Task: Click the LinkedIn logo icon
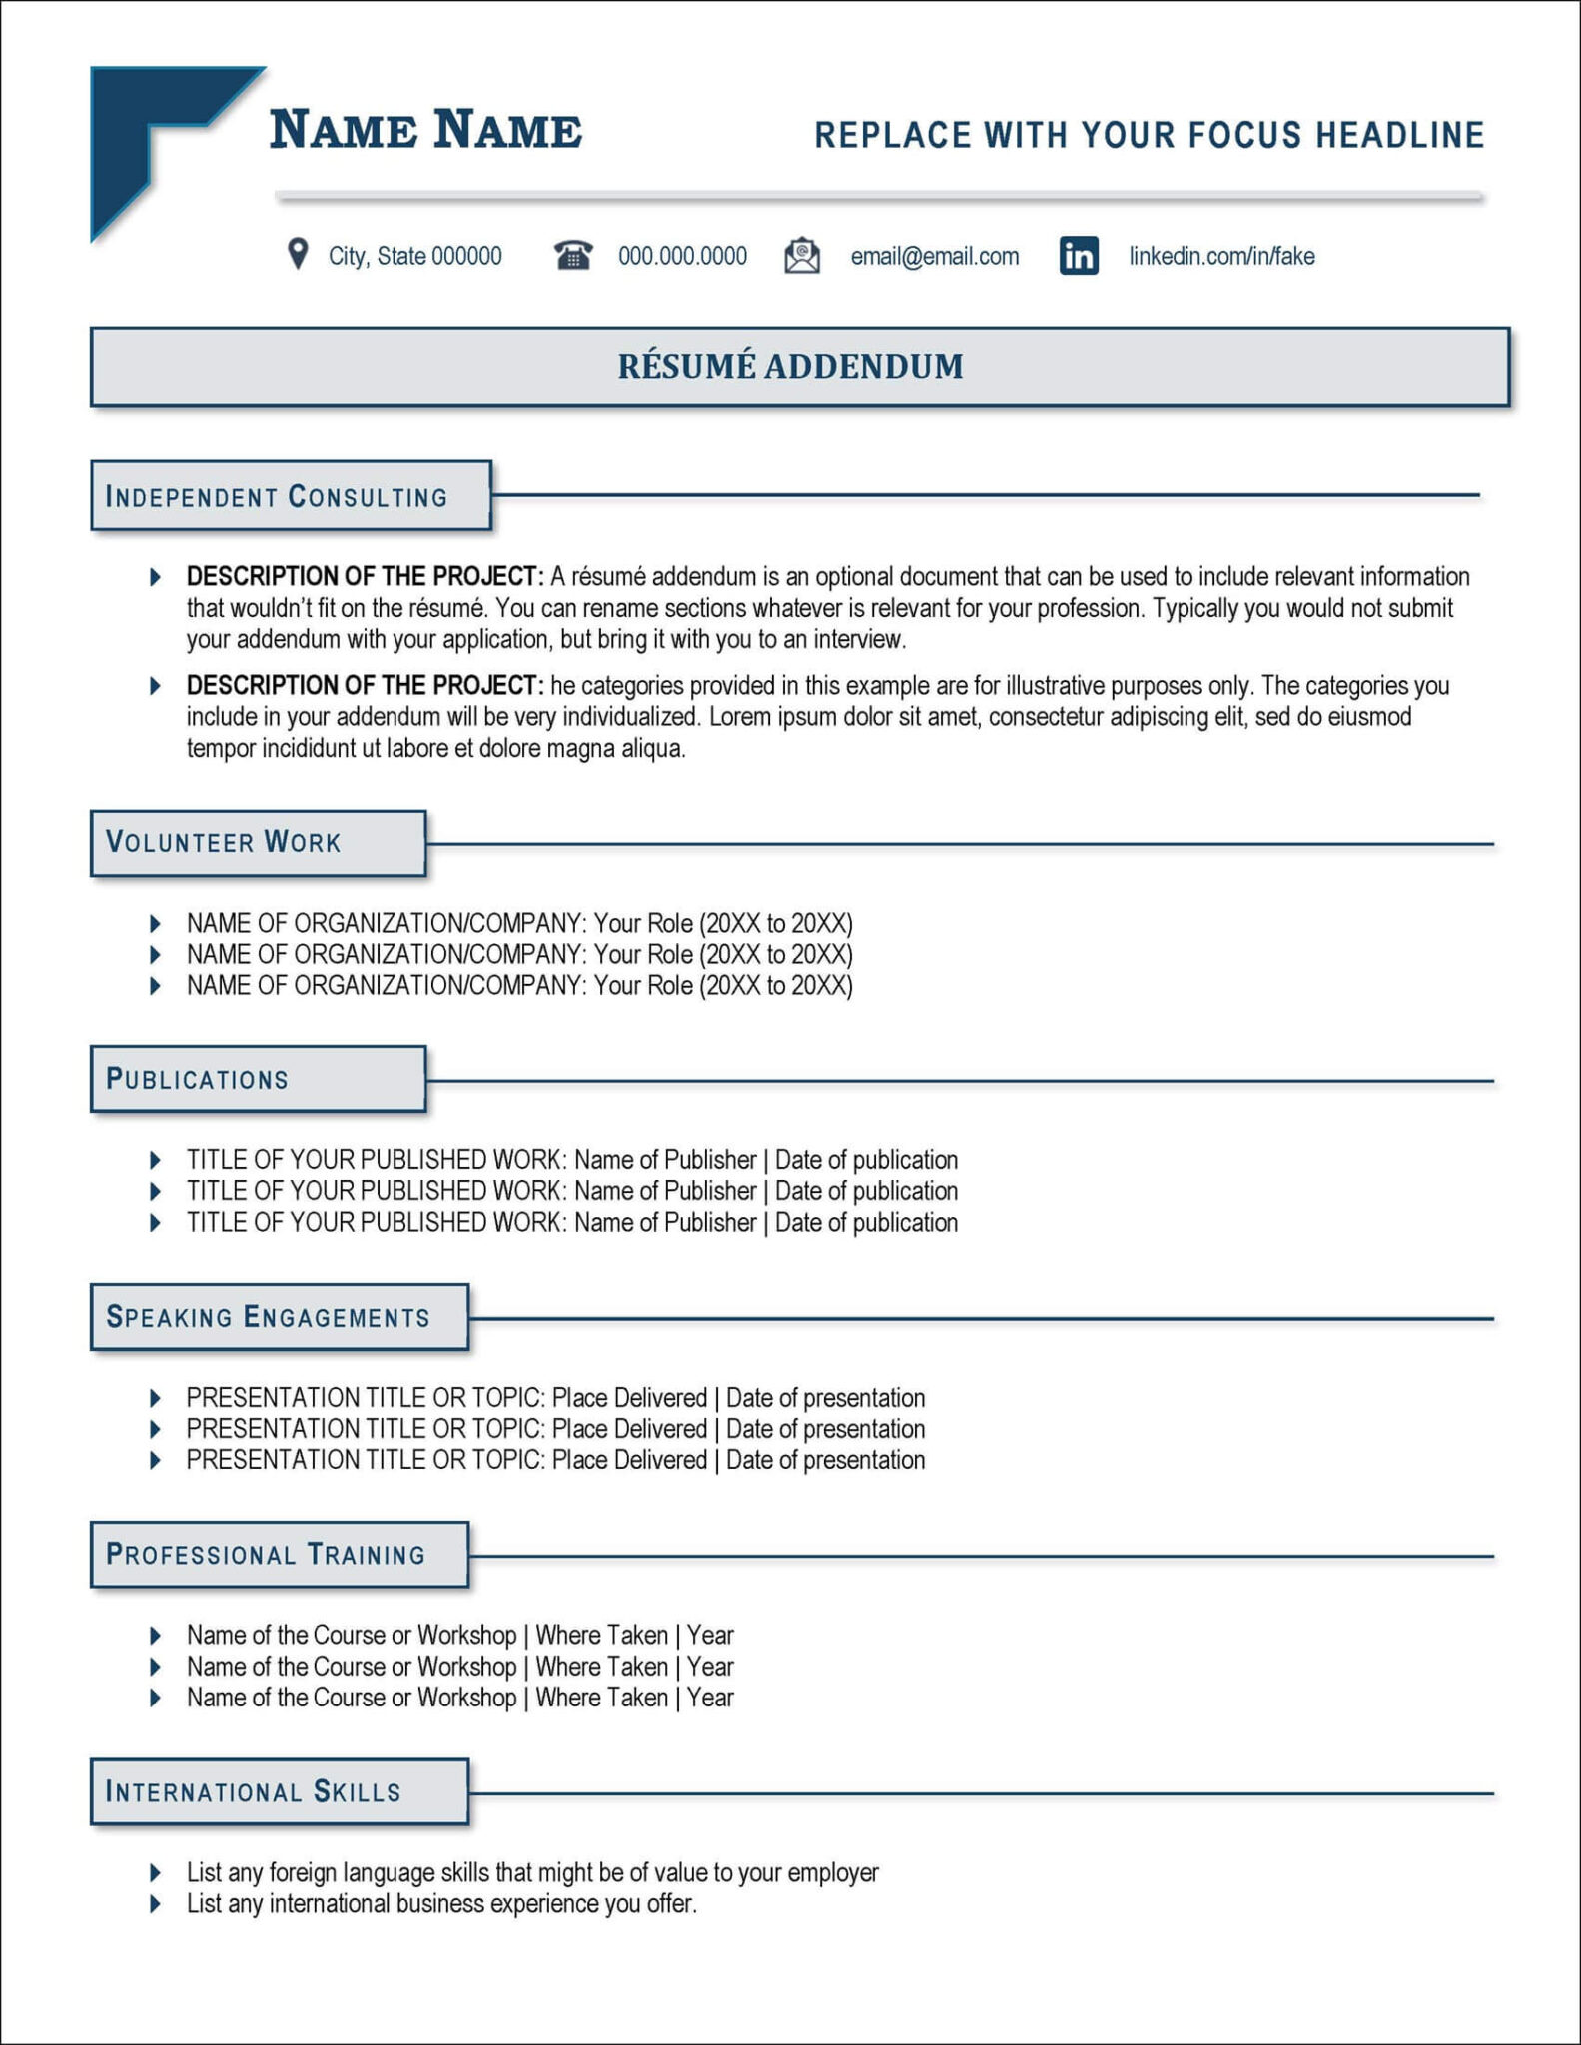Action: pyautogui.click(x=1079, y=256)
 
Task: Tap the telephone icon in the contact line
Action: pyautogui.click(x=573, y=256)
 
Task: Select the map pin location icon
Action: pyautogui.click(x=297, y=254)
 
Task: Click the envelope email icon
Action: pyautogui.click(x=802, y=256)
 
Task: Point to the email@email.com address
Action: pyautogui.click(x=934, y=257)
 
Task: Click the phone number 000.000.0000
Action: pyautogui.click(x=682, y=257)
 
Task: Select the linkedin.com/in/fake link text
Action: pyautogui.click(x=1220, y=257)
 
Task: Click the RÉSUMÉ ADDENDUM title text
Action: pyautogui.click(x=790, y=366)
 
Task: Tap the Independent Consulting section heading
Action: pyautogui.click(x=277, y=497)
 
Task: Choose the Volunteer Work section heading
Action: pyautogui.click(x=224, y=843)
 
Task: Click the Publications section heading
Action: pyautogui.click(x=197, y=1080)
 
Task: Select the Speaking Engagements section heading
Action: pyautogui.click(x=268, y=1318)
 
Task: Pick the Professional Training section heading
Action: pyautogui.click(x=266, y=1555)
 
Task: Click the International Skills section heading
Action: pyautogui.click(x=253, y=1792)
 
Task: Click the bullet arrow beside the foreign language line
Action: pyautogui.click(x=155, y=1872)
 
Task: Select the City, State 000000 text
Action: pyautogui.click(x=414, y=257)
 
